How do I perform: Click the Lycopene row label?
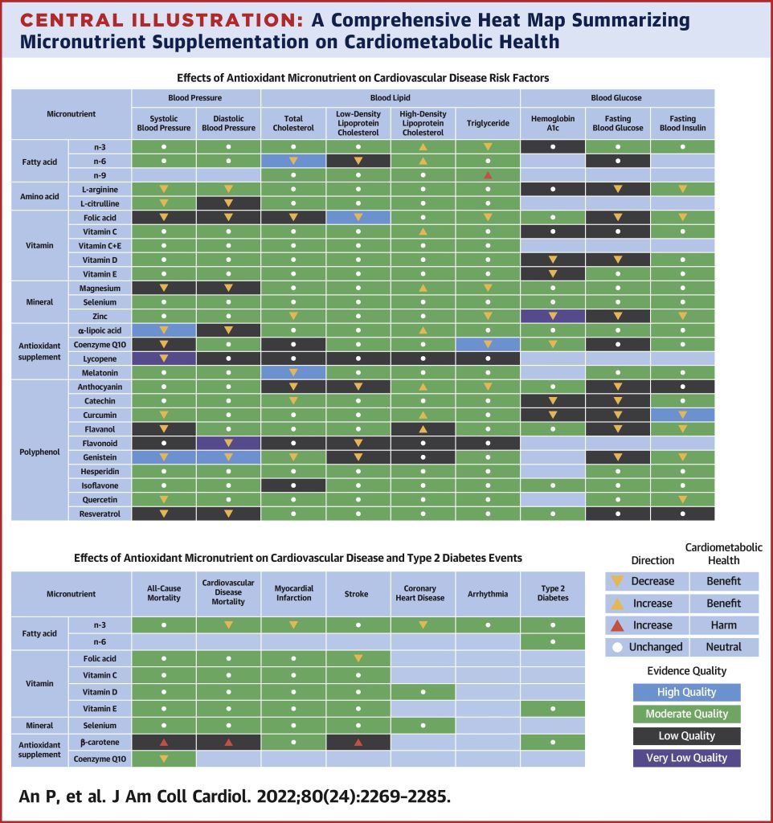[x=99, y=358]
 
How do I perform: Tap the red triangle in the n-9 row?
[x=487, y=175]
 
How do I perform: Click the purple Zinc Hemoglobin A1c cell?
[x=552, y=317]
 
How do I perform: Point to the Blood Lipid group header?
[x=391, y=98]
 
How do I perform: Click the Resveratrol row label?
[x=99, y=513]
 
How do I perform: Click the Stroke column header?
[x=358, y=595]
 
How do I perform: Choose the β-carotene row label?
[x=99, y=742]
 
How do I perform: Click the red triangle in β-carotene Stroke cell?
[x=358, y=742]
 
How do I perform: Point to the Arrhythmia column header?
[x=487, y=595]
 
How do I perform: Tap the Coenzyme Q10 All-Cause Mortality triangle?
[x=163, y=758]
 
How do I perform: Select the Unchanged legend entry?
[x=647, y=647]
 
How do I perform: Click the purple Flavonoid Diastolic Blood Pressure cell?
[x=228, y=443]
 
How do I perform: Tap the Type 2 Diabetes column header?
[x=552, y=595]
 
